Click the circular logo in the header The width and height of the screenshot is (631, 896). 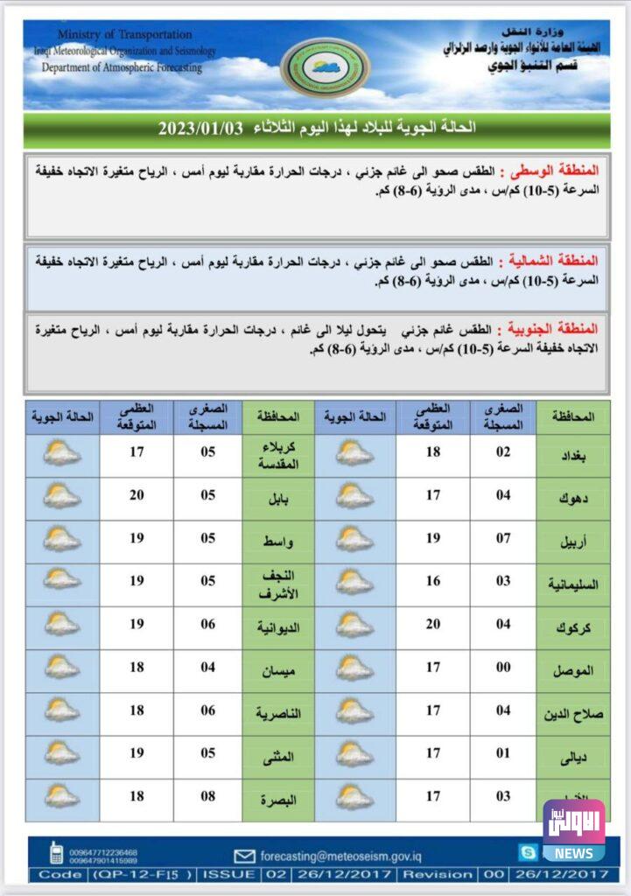click(x=325, y=67)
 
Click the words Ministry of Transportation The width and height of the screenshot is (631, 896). click(x=124, y=34)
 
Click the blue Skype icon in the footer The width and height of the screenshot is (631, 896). click(x=527, y=851)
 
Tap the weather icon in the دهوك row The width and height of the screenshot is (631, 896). click(x=354, y=497)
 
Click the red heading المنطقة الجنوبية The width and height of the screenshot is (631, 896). click(x=559, y=329)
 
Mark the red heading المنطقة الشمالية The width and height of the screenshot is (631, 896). click(x=559, y=261)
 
